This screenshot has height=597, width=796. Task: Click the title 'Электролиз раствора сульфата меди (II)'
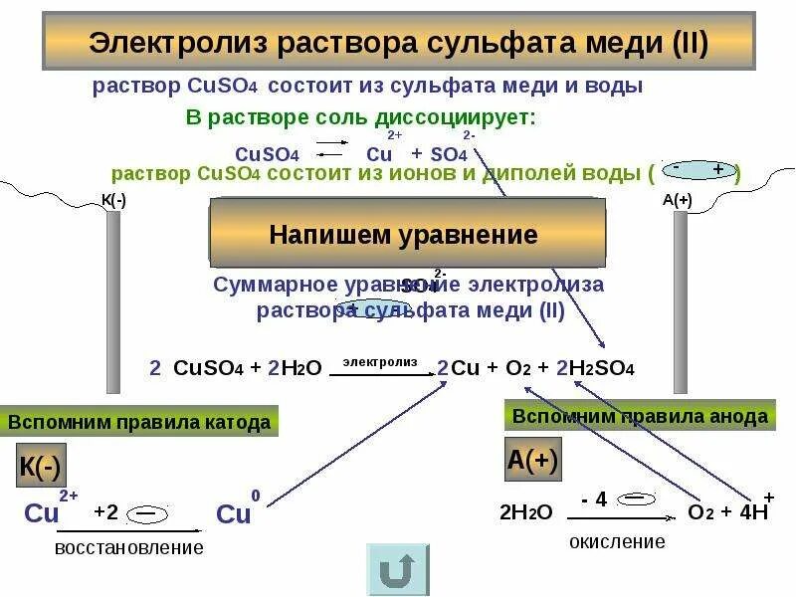tap(398, 45)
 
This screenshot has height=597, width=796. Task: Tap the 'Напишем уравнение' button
tap(403, 236)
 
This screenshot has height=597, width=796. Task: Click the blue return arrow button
tap(398, 569)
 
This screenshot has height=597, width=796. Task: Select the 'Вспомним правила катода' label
tap(139, 422)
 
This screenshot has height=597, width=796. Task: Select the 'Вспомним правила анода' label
tap(640, 416)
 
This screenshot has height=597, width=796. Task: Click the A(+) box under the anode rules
tap(533, 461)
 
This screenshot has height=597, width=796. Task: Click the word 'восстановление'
tap(129, 547)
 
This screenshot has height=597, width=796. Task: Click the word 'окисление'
tap(617, 542)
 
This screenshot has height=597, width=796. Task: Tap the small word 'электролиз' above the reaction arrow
tap(380, 362)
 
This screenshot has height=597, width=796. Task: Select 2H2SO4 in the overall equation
tap(595, 368)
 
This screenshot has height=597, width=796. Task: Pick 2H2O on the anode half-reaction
tap(525, 513)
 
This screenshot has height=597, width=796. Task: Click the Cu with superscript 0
tap(237, 512)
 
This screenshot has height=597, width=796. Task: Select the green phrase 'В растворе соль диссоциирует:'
tap(360, 117)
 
